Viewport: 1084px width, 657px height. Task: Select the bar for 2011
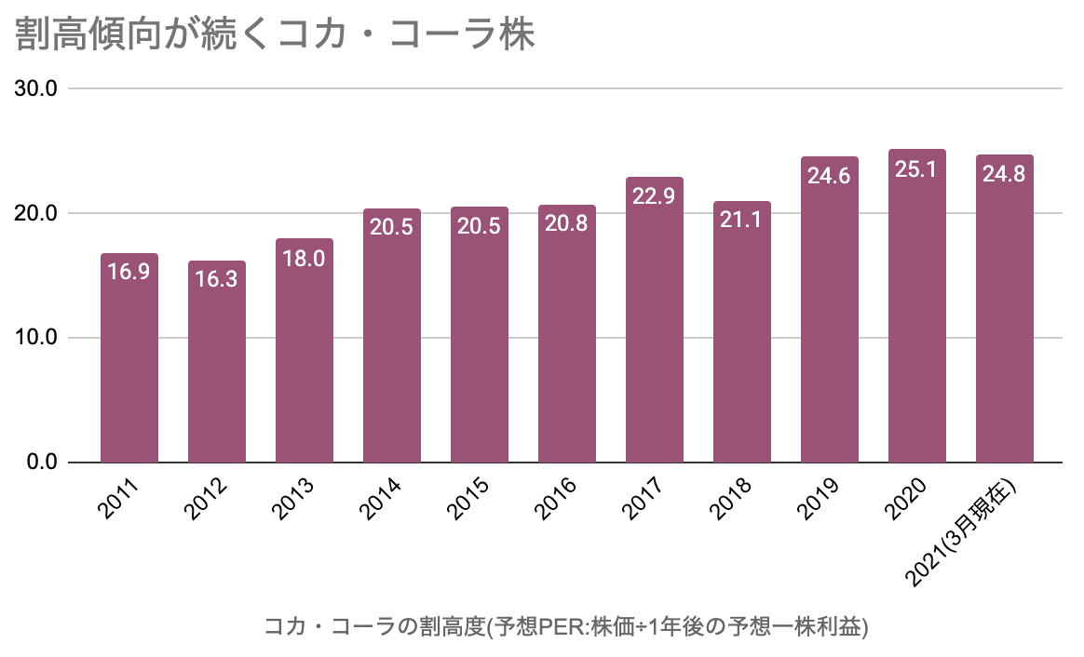(129, 363)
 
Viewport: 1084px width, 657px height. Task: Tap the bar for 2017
(655, 326)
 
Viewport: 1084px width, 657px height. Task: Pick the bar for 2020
(917, 316)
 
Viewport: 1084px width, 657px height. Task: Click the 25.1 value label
(917, 169)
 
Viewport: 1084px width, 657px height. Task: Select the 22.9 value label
(655, 197)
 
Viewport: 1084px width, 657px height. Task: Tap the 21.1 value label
(742, 221)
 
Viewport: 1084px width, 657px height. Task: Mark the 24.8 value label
(1004, 174)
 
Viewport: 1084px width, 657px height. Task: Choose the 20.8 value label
(567, 224)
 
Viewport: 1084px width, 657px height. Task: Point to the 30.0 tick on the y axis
(37, 89)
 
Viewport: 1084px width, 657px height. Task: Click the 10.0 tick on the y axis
(37, 338)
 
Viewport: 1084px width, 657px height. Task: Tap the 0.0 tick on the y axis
(42, 463)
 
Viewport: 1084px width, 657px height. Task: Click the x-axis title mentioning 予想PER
(566, 626)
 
